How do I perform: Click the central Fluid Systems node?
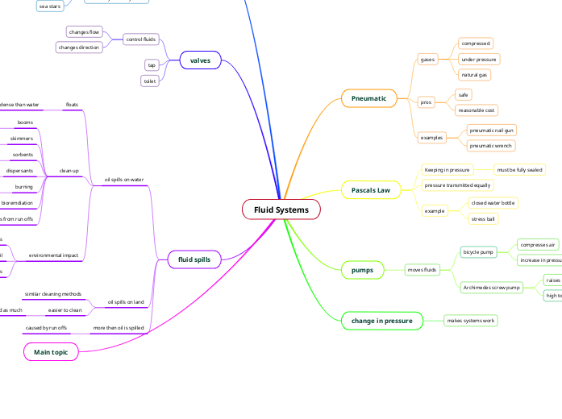tap(281, 209)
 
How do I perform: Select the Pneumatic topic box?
tap(368, 98)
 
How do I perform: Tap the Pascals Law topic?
tap(370, 190)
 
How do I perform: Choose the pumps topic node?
tap(362, 270)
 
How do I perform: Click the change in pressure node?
tap(381, 321)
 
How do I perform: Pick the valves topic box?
tap(199, 60)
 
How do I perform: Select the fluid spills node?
tap(194, 259)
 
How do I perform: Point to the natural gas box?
tap(474, 75)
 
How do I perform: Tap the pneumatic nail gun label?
tap(492, 130)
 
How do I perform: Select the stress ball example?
tap(483, 218)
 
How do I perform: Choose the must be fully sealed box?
tap(519, 170)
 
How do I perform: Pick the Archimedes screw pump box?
tap(491, 287)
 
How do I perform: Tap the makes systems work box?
tap(471, 321)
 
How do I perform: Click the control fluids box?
tap(141, 39)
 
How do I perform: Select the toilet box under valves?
tap(150, 81)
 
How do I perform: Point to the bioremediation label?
tap(17, 202)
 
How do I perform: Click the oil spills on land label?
tap(126, 302)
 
